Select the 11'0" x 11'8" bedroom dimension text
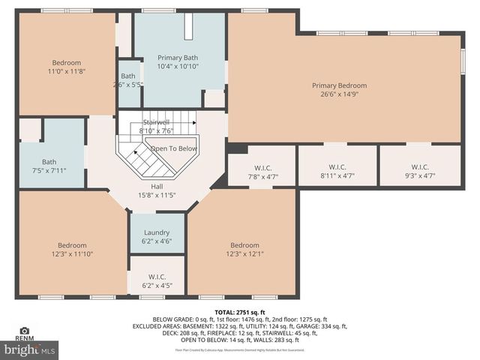point(66,71)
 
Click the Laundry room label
point(157,232)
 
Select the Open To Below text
point(173,148)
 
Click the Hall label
point(156,187)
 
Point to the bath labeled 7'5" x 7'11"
point(49,166)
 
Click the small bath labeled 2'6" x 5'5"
point(128,80)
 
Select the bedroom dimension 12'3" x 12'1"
point(244,254)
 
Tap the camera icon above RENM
point(24,330)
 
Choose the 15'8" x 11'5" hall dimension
point(156,196)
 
